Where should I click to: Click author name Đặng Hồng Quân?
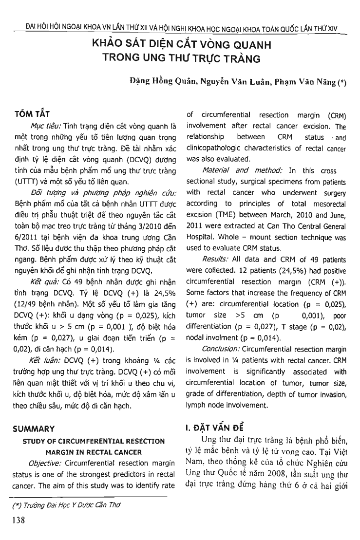coord(150,82)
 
